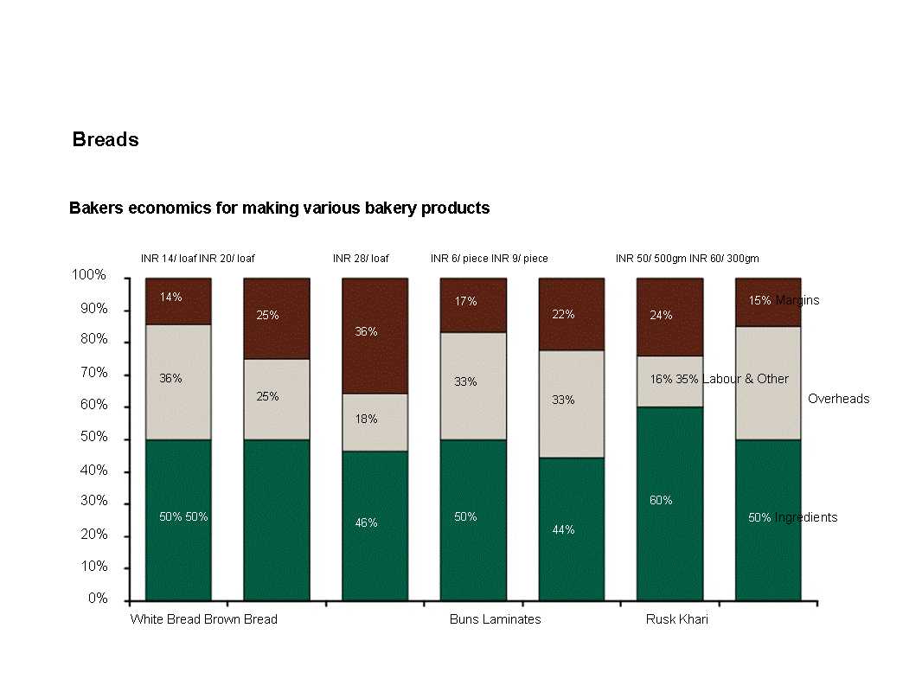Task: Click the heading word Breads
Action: pyautogui.click(x=106, y=140)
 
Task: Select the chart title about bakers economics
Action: pyautogui.click(x=279, y=208)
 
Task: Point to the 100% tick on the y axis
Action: pyautogui.click(x=89, y=276)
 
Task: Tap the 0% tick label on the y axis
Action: pyautogui.click(x=97, y=599)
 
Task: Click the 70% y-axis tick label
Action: pyautogui.click(x=93, y=373)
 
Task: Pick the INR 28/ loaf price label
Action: pyautogui.click(x=361, y=259)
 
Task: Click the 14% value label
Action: pyautogui.click(x=170, y=298)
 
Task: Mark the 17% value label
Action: pyautogui.click(x=466, y=302)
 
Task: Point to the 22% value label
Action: pyautogui.click(x=563, y=315)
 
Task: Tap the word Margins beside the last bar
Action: pyautogui.click(x=797, y=301)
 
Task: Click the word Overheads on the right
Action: pyautogui.click(x=838, y=400)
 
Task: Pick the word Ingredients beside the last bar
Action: pyautogui.click(x=805, y=518)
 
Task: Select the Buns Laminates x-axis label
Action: pyautogui.click(x=495, y=620)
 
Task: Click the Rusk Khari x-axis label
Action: pyautogui.click(x=676, y=620)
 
